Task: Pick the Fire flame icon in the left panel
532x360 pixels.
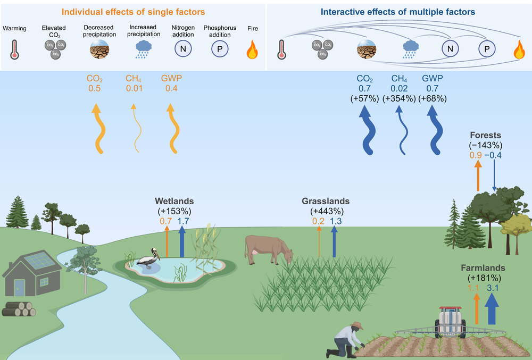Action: (x=252, y=50)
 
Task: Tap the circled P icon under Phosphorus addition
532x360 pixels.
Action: (x=218, y=49)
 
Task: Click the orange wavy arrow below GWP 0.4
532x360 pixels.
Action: (x=171, y=128)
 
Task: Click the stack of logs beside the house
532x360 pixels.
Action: (x=19, y=309)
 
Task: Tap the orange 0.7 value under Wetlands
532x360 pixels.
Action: (x=165, y=220)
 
